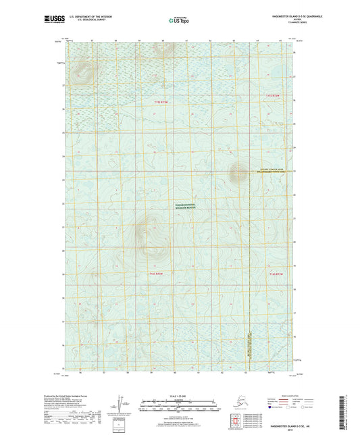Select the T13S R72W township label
pyautogui.click(x=272, y=96)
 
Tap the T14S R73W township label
pyautogui.click(x=157, y=274)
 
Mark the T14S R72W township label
pyautogui.click(x=274, y=274)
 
